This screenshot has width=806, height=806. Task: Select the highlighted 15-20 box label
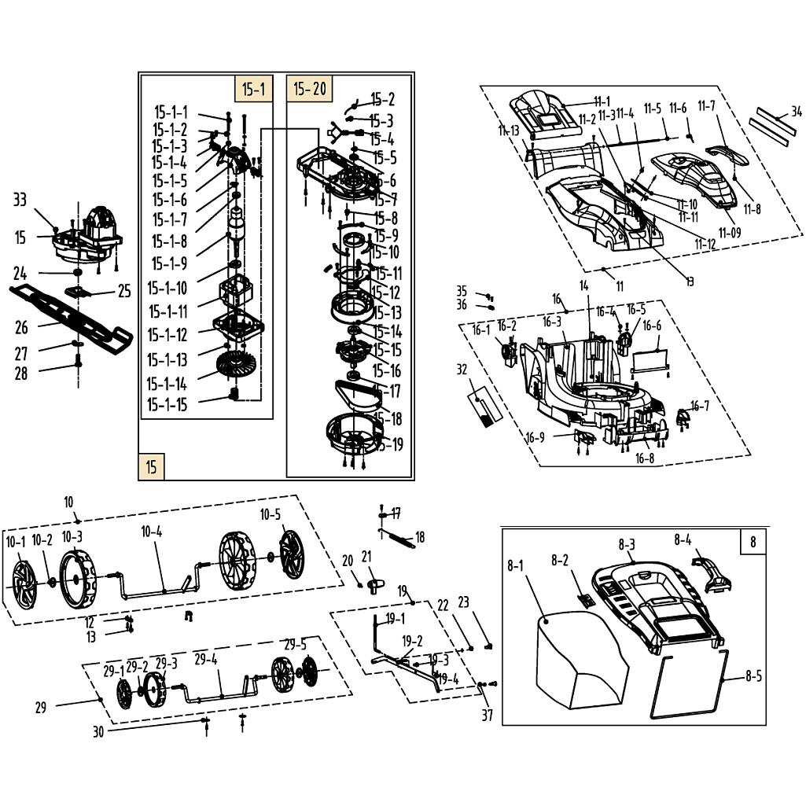pos(310,89)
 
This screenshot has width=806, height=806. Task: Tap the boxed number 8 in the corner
pos(753,542)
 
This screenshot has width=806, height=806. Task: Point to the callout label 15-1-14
pos(167,385)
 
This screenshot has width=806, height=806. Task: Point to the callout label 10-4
pos(151,532)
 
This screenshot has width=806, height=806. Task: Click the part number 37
pos(488,715)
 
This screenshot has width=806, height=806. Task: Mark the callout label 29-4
pos(205,659)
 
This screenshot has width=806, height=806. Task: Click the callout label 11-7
pos(706,106)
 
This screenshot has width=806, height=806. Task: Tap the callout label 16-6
pos(652,326)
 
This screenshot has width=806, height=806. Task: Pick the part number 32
pos(462,370)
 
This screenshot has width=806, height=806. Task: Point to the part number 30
pos(98,731)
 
